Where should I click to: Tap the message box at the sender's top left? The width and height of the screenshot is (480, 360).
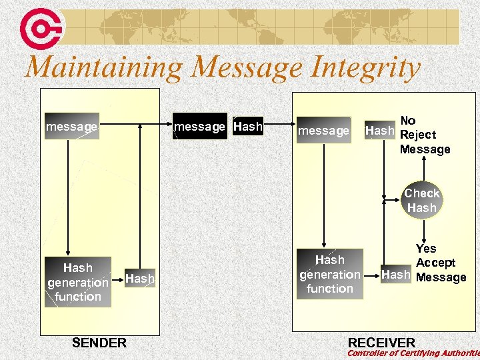pos(71,127)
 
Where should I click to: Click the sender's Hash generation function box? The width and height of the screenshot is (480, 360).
pos(78,282)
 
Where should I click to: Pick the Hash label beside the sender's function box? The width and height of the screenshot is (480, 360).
pos(139,279)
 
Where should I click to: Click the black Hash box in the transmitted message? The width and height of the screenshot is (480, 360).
pos(248,126)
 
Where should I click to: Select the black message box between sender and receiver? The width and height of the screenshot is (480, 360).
pos(200,126)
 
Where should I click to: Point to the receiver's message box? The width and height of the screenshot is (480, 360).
pos(323,131)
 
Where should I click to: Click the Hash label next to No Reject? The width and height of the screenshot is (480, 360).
pos(379,131)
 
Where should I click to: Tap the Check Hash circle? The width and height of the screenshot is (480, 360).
pos(422,200)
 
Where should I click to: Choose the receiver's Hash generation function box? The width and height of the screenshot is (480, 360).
pos(330,274)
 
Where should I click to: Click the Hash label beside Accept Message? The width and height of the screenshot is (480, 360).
pos(395,275)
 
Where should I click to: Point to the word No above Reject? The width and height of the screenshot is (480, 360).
pos(408,121)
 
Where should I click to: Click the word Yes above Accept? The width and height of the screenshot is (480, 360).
pos(426,249)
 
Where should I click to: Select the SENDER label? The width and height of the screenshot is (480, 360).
pos(99,343)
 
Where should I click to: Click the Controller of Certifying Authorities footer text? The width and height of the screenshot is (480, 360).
pos(413,353)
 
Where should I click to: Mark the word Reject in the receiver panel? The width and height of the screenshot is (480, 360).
pos(418,135)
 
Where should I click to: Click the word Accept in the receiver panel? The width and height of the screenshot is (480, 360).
pos(435,263)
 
